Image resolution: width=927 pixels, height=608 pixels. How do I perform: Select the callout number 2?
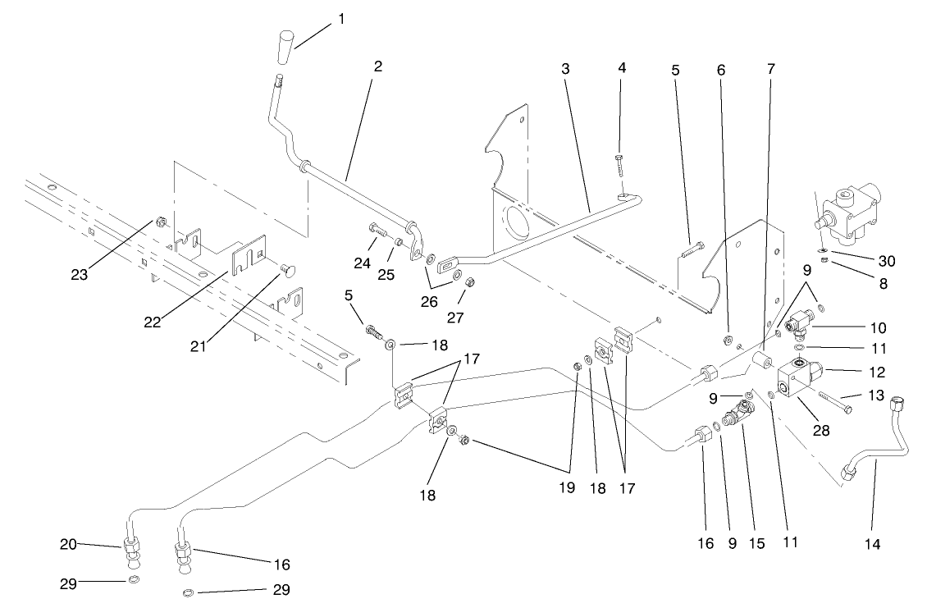pyautogui.click(x=377, y=67)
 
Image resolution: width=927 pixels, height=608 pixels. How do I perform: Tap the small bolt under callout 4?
pyautogui.click(x=621, y=163)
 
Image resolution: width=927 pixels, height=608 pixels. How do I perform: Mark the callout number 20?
pyautogui.click(x=68, y=542)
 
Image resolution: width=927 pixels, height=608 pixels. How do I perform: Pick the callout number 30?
pyautogui.click(x=886, y=261)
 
